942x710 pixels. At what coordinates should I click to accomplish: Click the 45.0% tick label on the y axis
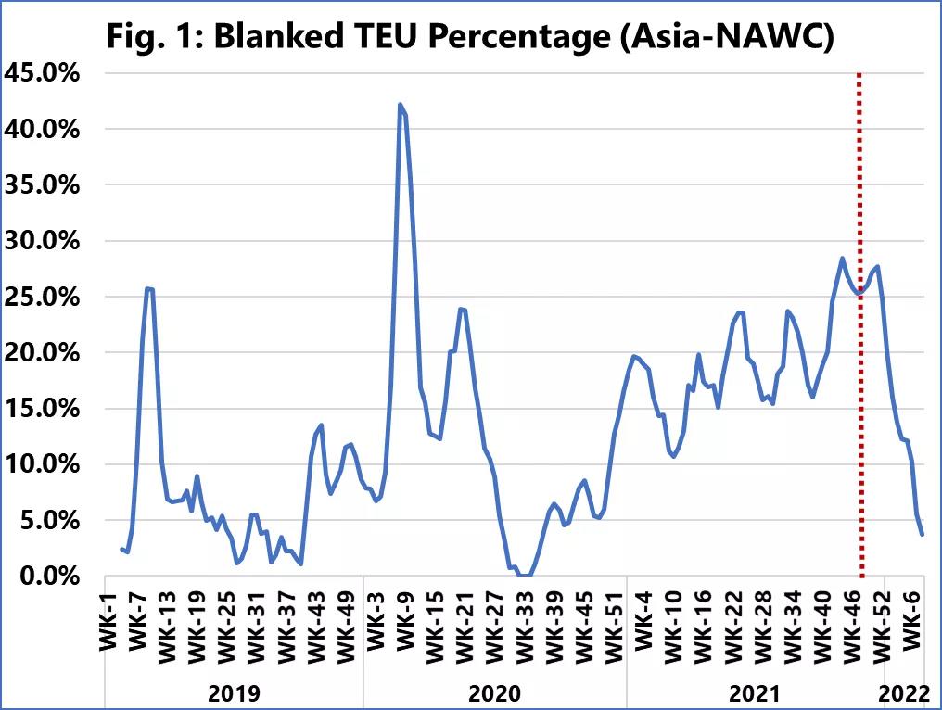pyautogui.click(x=43, y=73)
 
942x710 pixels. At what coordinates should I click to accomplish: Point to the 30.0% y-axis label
pyautogui.click(x=43, y=241)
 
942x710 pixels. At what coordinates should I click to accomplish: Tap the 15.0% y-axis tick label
pyautogui.click(x=43, y=409)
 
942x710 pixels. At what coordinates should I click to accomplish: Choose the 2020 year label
pyautogui.click(x=495, y=691)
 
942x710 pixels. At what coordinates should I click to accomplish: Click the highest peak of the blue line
pyautogui.click(x=400, y=105)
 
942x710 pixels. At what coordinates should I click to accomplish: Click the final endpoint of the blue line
pyautogui.click(x=922, y=534)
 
